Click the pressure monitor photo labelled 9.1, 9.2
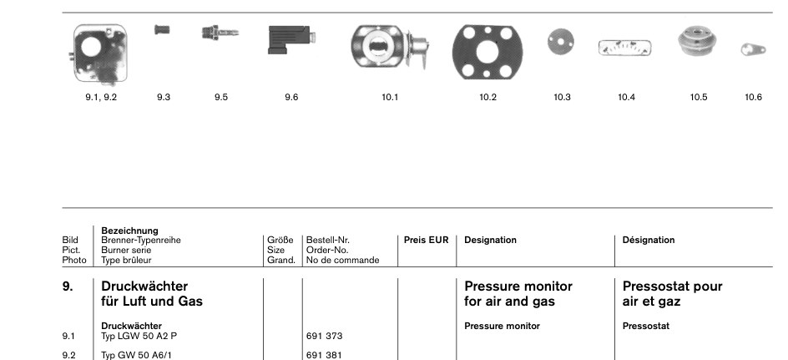99,54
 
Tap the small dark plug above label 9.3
162,30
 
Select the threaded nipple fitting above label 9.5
220,33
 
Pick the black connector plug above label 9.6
291,39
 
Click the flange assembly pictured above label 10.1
390,47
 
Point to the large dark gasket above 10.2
487,52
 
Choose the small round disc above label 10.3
561,43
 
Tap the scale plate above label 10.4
624,48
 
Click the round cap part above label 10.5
697,42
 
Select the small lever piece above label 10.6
753,49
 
